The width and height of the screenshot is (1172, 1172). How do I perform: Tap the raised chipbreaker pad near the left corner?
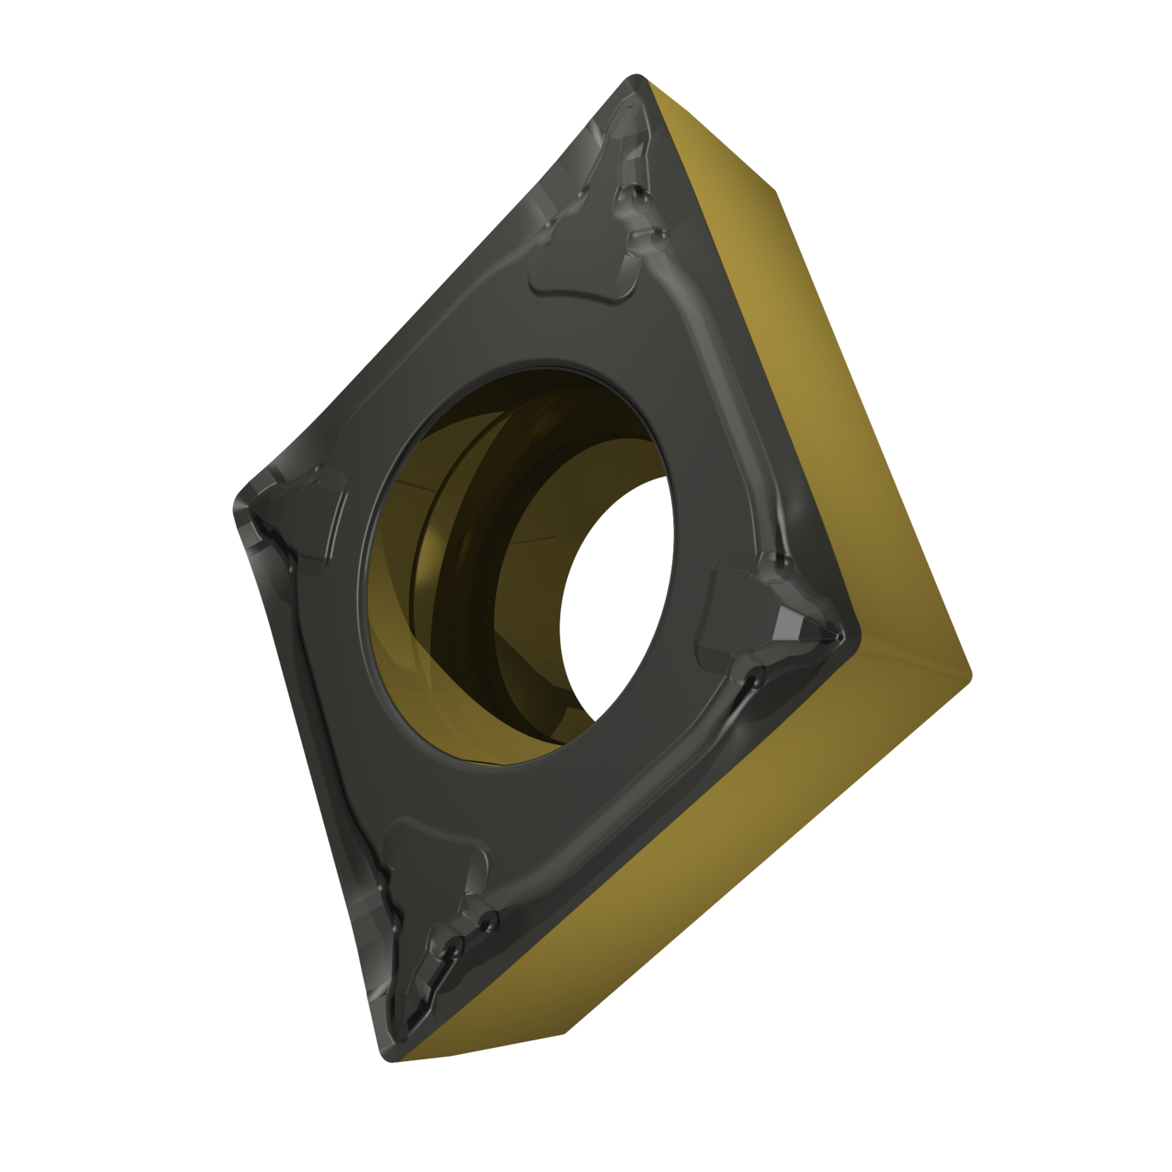point(313,520)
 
